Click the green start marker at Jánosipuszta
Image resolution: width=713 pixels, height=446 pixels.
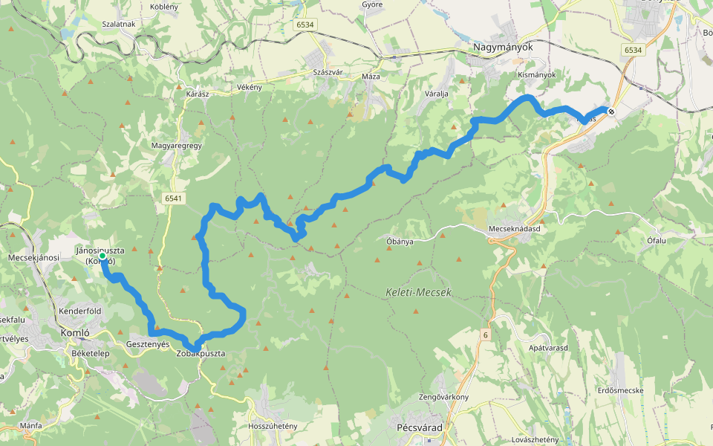pos(102,256)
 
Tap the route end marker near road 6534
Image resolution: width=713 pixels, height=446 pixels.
pos(611,111)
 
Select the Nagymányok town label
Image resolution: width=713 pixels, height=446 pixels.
pos(503,47)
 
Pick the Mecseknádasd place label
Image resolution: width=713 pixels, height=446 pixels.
pos(514,229)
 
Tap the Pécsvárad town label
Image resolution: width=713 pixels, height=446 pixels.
pos(420,427)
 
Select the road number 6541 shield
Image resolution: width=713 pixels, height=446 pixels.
pos(173,198)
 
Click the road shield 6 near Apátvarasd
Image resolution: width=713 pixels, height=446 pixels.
pos(484,334)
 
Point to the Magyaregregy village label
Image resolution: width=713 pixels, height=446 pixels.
pos(177,146)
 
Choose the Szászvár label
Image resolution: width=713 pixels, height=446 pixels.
pos(327,72)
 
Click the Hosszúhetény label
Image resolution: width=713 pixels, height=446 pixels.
pos(273,426)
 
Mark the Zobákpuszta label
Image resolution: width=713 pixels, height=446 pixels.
pos(201,354)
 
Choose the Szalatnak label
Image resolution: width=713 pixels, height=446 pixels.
pos(119,24)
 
